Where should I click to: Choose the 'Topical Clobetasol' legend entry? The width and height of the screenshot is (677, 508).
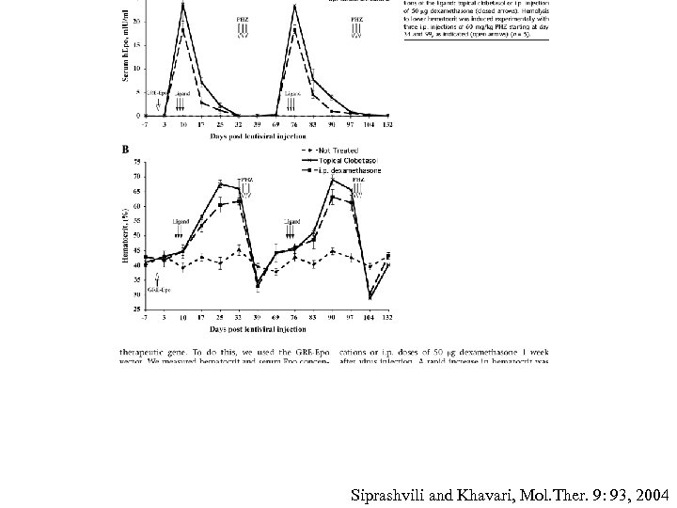point(334,160)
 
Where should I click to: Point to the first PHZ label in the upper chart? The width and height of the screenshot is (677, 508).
point(243,18)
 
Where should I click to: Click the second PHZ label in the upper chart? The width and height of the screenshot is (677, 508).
point(356,18)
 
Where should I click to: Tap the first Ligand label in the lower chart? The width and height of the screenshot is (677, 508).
point(181,220)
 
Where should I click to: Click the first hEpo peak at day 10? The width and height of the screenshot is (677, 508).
point(182,5)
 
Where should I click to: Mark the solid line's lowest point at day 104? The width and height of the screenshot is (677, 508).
point(370,298)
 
